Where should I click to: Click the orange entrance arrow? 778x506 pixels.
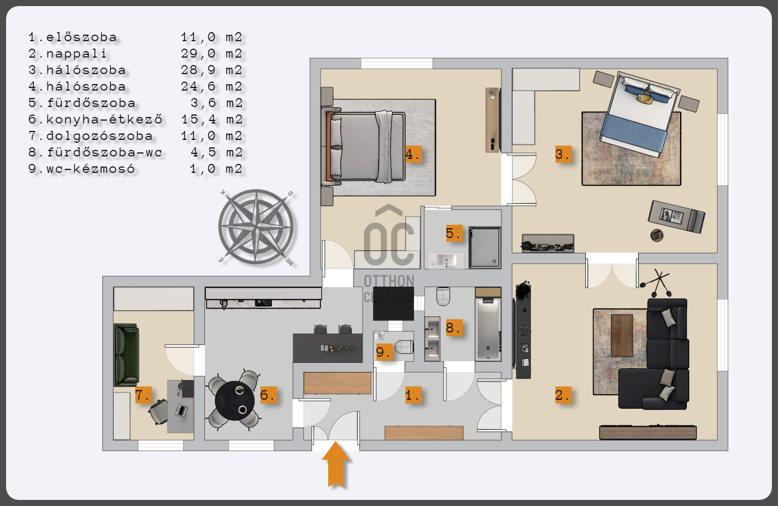[336, 464]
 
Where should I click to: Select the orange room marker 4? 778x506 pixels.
[413, 154]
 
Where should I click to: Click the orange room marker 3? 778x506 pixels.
[563, 154]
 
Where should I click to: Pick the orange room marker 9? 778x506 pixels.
[383, 352]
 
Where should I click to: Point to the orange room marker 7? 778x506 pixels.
[143, 395]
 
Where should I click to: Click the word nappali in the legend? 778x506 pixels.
[76, 54]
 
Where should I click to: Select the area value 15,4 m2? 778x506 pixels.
[212, 119]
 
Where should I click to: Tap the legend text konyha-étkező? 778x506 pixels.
[104, 119]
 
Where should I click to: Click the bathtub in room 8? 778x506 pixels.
[488, 329]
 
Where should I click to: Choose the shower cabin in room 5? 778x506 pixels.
[485, 248]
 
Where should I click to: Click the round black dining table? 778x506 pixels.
[235, 401]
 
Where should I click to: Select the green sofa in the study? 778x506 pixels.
[126, 355]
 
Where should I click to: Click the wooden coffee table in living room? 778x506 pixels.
[622, 335]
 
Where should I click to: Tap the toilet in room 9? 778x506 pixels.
[404, 347]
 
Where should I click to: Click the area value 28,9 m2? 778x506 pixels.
[212, 70]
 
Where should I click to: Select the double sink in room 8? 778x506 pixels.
[432, 339]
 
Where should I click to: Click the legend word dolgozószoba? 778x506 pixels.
[99, 136]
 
